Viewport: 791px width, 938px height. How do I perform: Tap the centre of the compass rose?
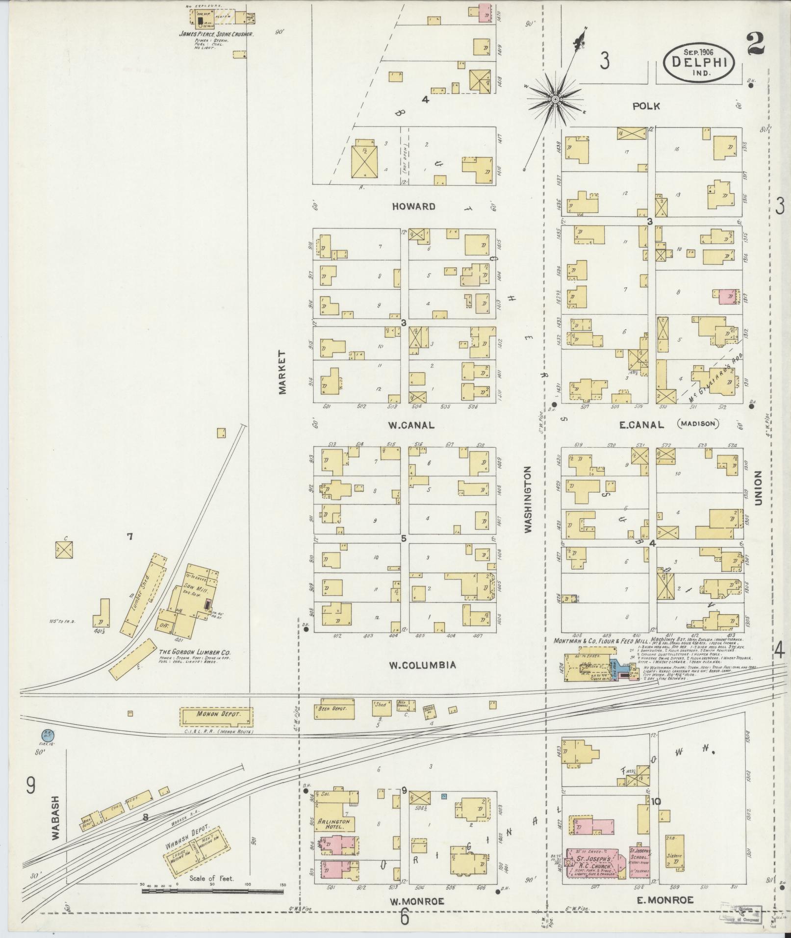click(555, 100)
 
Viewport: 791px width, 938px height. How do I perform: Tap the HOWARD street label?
click(413, 206)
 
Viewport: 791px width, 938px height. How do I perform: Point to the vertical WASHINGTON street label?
click(528, 499)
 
